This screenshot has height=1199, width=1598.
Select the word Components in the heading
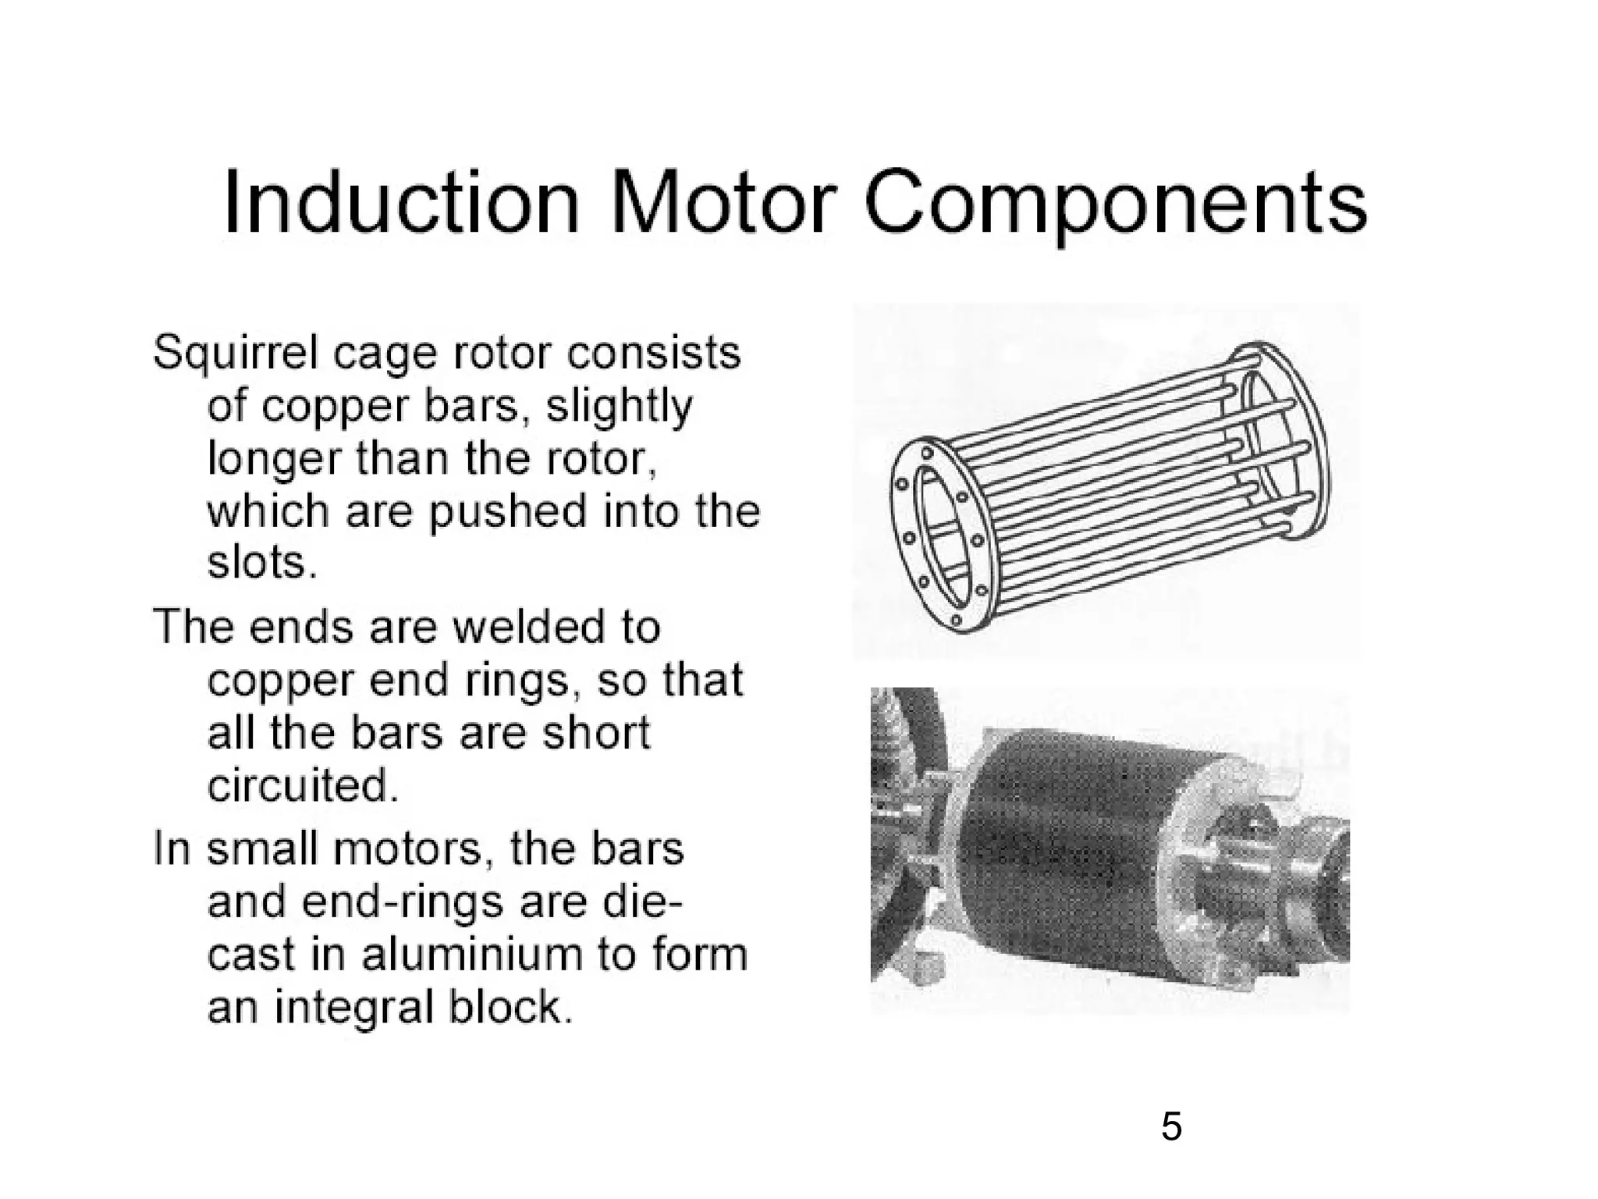click(x=1116, y=207)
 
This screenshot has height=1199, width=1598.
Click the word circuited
click(x=303, y=785)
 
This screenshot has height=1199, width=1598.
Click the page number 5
click(x=1171, y=1126)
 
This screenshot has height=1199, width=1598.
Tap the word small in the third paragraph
click(x=263, y=849)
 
